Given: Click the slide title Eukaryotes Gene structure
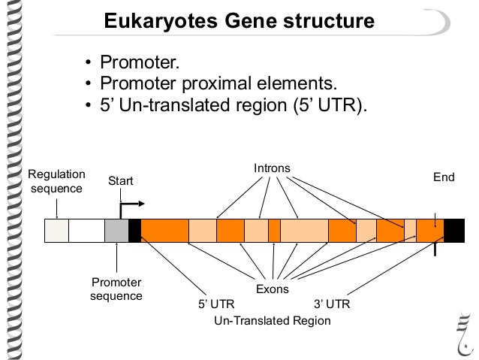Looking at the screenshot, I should point(238,20).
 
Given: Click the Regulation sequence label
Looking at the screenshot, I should point(56,181).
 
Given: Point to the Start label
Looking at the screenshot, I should point(121,181).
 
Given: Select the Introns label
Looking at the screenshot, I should point(271,168).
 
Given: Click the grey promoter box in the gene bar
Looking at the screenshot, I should point(116,231).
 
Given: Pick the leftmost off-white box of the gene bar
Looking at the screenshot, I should point(56,231).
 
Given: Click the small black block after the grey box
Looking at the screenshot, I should point(135,231).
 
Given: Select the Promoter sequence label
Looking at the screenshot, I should point(116,289).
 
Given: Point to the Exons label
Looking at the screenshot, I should point(272,289).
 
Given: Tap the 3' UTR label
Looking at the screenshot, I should point(330,304).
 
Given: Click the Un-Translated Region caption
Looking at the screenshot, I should point(273,320).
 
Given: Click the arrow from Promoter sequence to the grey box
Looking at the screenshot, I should point(116,259).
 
